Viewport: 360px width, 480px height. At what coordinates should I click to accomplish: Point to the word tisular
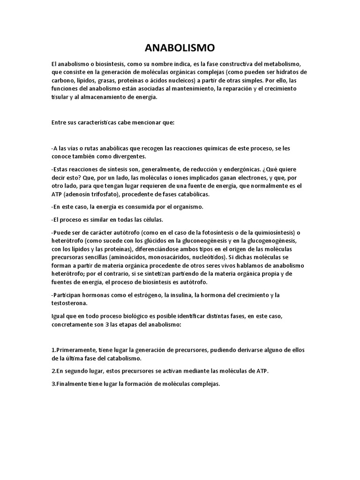[x=60, y=97]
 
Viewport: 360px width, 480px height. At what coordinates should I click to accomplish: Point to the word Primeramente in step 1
[x=74, y=350]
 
